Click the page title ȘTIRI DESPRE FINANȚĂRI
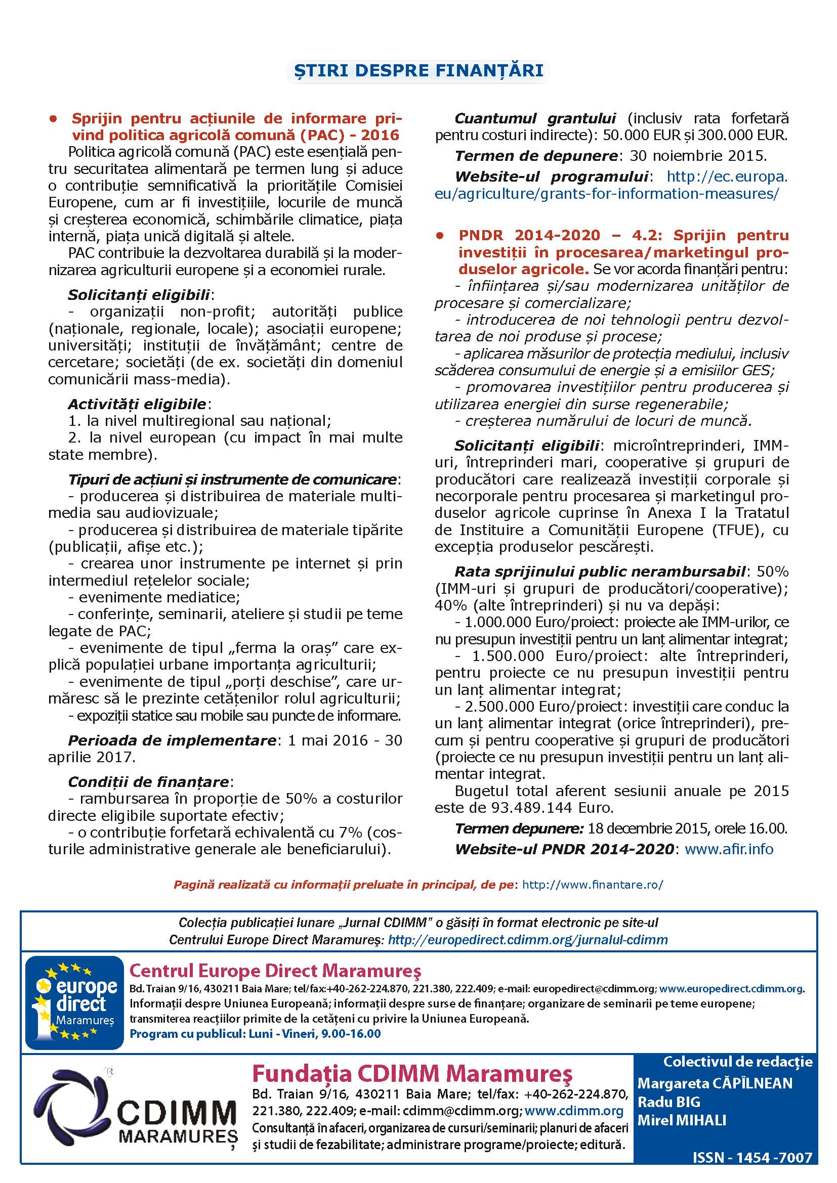coord(418,71)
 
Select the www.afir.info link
coord(729,849)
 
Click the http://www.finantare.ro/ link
coord(593,885)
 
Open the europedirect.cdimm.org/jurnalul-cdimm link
coord(528,939)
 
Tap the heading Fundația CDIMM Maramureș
coord(412,1074)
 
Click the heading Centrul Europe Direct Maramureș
coord(275,971)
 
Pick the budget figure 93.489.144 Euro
coord(542,807)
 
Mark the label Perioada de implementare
coord(172,740)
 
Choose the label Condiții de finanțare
coord(148,781)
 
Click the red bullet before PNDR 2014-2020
coord(440,236)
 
